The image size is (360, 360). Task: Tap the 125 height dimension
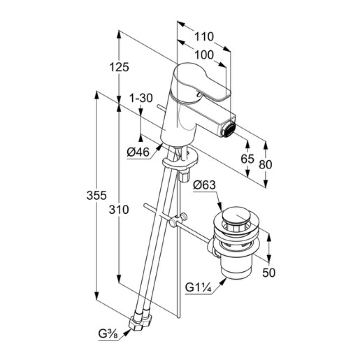click(x=119, y=67)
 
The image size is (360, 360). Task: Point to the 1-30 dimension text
click(x=141, y=98)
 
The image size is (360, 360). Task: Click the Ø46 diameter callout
click(x=138, y=153)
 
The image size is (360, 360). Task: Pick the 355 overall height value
click(x=97, y=196)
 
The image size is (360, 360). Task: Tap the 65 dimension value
click(x=247, y=159)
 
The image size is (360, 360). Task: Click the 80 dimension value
click(x=265, y=165)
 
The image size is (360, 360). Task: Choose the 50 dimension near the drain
click(x=269, y=272)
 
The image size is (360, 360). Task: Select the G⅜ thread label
click(x=109, y=334)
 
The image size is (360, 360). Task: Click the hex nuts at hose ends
click(x=141, y=321)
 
